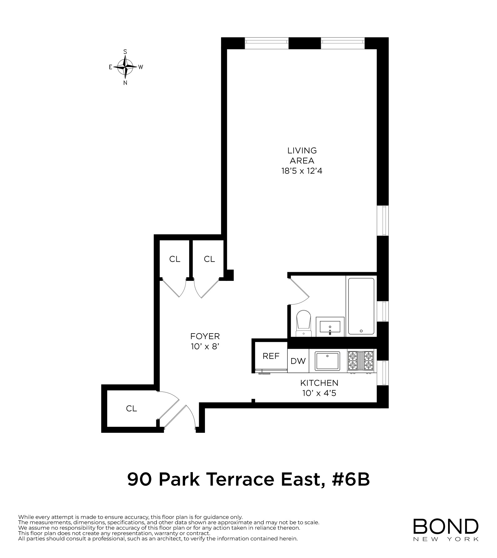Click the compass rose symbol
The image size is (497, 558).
coord(125,67)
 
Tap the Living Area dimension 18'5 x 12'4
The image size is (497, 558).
coord(302,171)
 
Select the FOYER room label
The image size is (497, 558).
coord(205,336)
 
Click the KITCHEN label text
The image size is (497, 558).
coord(319,383)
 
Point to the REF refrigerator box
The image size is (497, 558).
coord(271,356)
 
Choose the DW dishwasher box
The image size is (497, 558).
coord(298,361)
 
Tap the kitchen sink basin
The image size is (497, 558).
coord(327,361)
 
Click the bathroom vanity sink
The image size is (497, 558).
coord(330,327)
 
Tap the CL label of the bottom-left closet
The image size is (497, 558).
coord(131,409)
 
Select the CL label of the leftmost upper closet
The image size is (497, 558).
coord(175,259)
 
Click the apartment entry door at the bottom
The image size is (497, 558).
coord(185,417)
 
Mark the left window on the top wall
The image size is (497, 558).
coord(267,43)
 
